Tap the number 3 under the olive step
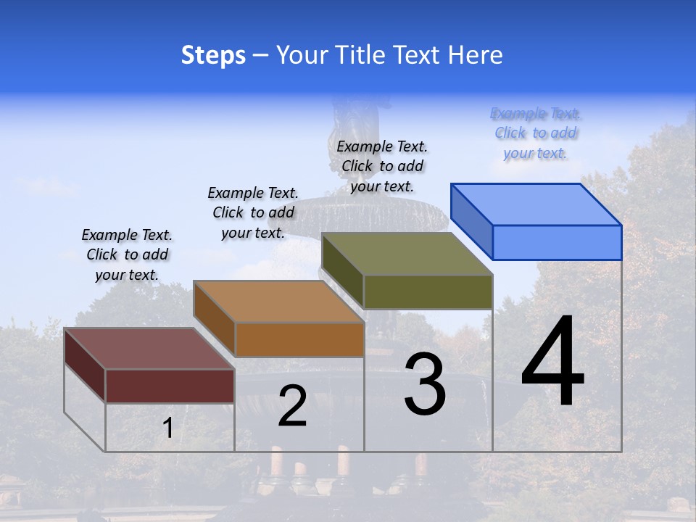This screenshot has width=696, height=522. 425,384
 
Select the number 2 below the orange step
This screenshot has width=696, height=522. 292,406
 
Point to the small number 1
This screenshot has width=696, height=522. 167,428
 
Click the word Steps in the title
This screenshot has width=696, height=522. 213,55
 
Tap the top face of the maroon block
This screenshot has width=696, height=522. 149,349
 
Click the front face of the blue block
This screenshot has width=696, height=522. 557,242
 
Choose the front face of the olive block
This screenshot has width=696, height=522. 428,291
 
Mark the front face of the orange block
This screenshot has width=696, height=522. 299,339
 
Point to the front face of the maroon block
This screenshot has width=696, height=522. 170,386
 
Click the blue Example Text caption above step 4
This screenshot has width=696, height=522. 536,133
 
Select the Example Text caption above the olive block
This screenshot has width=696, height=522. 382,166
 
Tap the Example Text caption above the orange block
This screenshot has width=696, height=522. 253,212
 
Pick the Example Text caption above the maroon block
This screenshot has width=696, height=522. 127,254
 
